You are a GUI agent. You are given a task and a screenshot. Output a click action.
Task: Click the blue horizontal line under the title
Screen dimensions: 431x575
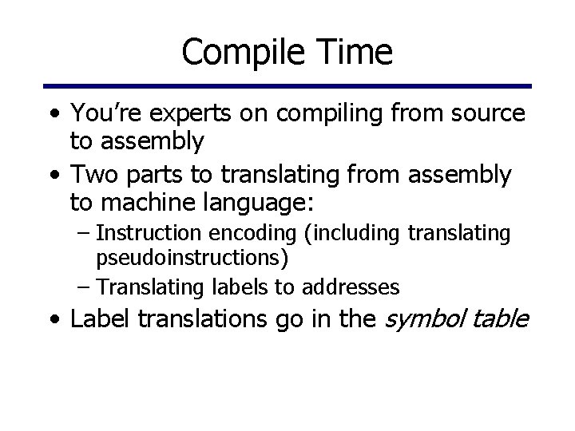(x=287, y=86)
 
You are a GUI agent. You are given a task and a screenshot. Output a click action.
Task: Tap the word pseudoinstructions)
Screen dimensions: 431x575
(x=192, y=259)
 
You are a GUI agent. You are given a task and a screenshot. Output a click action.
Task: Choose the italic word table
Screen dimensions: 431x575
(x=502, y=320)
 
